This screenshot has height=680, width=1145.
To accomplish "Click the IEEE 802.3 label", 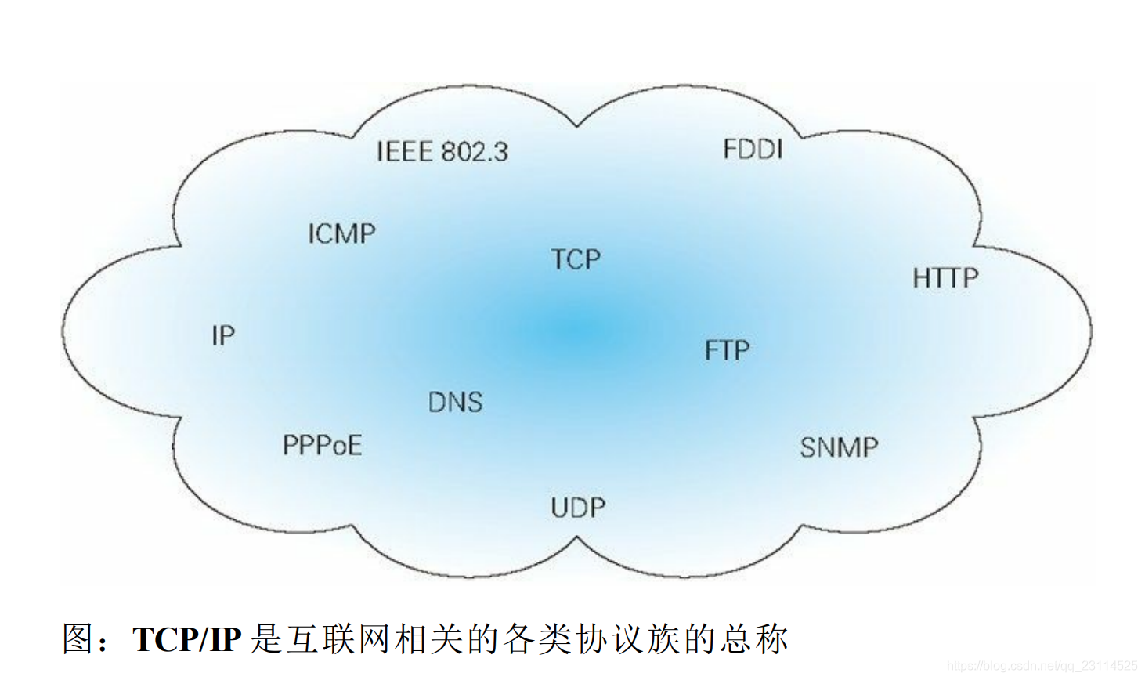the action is (442, 151).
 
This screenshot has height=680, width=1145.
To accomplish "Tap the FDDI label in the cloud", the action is (752, 149).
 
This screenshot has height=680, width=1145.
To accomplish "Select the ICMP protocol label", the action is (341, 233).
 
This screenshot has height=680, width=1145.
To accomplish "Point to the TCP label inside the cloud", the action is (576, 259).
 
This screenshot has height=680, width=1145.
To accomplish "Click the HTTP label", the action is (945, 278).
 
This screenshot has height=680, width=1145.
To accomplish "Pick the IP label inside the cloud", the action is (223, 336).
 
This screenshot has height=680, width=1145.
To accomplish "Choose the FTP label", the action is (727, 350).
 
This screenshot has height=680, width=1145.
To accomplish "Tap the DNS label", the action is (455, 403).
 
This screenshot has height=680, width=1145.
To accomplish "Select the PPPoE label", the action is (322, 446).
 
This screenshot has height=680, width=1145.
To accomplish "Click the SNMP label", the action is (839, 447).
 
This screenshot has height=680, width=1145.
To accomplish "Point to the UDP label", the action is (578, 508).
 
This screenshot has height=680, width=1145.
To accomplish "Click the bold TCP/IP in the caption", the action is (186, 639).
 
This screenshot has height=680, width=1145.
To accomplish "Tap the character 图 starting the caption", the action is (79, 639).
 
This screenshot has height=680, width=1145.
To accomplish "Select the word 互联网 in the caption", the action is (339, 639).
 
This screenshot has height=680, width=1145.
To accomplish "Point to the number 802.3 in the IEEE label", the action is (475, 151).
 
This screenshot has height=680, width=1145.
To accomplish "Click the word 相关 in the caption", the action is (429, 639).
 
